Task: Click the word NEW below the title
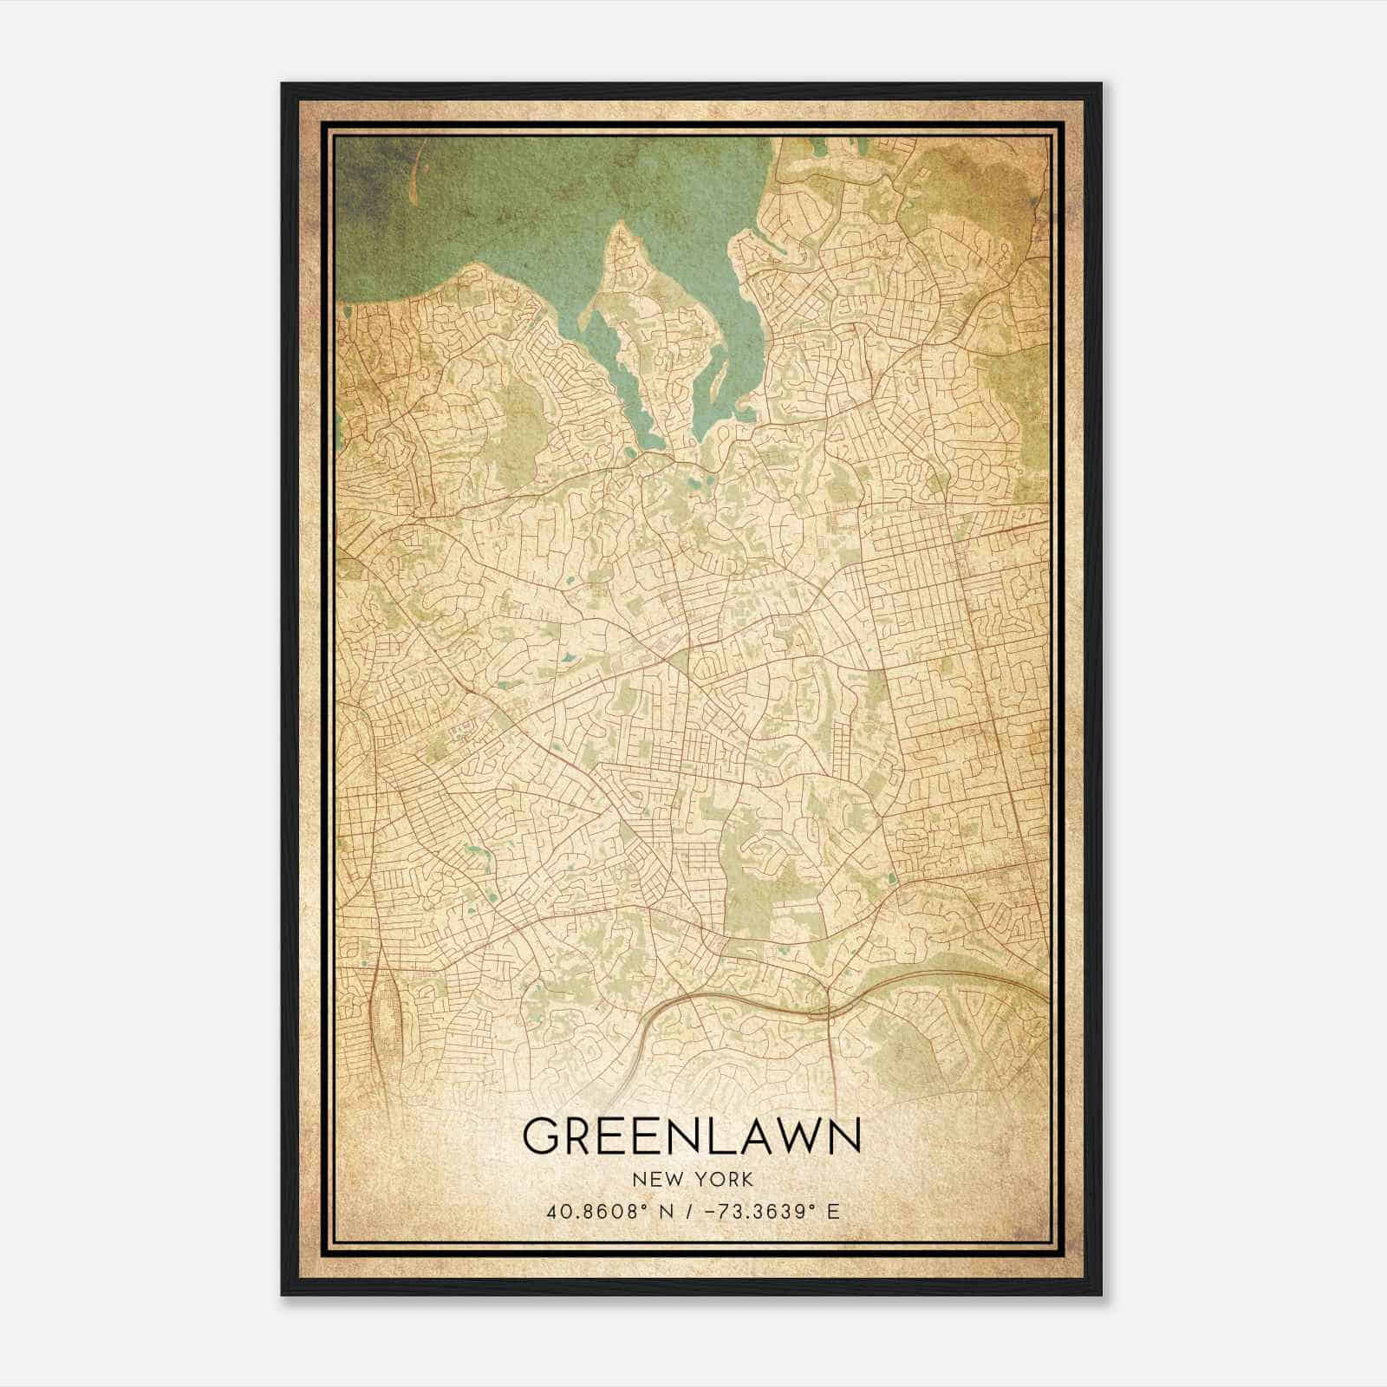pyautogui.click(x=653, y=1179)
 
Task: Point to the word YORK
pyautogui.click(x=720, y=1179)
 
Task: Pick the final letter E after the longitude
pyautogui.click(x=833, y=1212)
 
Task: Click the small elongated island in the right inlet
pyautogui.click(x=722, y=381)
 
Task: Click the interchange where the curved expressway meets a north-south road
pyautogui.click(x=830, y=1010)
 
